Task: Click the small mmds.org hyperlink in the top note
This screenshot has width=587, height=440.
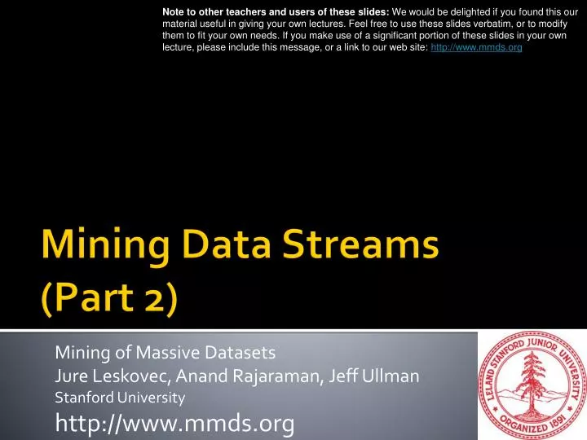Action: click(476, 48)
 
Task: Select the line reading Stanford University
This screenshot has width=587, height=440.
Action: click(120, 398)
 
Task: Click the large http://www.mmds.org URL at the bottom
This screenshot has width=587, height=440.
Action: click(174, 423)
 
